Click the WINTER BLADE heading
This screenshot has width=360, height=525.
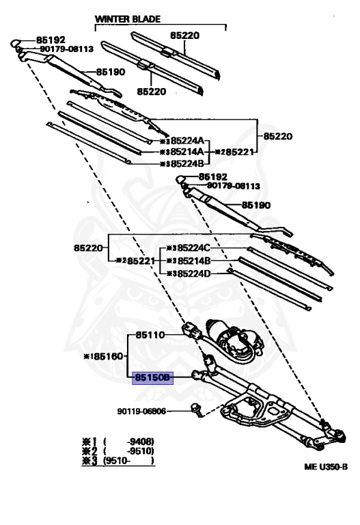pos(128,19)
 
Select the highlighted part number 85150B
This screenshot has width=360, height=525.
pos(152,378)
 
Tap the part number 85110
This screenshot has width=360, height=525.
pos(150,335)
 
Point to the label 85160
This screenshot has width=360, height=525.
pos(109,356)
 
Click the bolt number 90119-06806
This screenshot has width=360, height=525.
pos(141,411)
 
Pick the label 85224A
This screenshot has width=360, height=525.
pos(187,140)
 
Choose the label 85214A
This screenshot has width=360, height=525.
pos(187,152)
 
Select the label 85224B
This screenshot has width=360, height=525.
pos(187,164)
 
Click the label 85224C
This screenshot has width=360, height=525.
pos(194,247)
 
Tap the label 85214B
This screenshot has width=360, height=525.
pos(194,260)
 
